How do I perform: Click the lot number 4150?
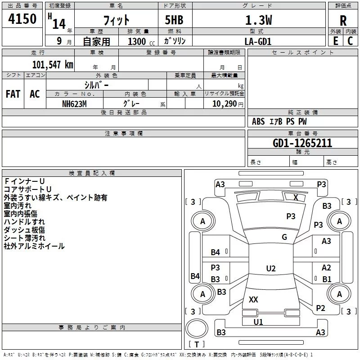click(x=22, y=19)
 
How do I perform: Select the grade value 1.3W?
click(x=258, y=20)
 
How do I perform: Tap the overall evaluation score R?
click(x=343, y=21)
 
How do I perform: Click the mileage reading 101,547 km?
click(x=53, y=65)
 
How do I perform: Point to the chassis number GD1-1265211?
click(x=302, y=143)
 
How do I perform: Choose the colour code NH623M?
click(x=74, y=104)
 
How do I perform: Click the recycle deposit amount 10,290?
click(x=224, y=104)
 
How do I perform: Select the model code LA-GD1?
click(x=258, y=41)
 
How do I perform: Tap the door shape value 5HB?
click(x=174, y=20)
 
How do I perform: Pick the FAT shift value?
click(x=13, y=94)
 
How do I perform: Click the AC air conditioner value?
click(x=35, y=94)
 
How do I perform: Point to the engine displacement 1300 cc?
click(x=141, y=41)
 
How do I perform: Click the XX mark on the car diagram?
click(x=253, y=299)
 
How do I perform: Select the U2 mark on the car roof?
click(x=271, y=268)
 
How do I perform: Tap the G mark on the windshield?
click(x=284, y=237)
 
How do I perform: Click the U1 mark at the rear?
click(x=258, y=322)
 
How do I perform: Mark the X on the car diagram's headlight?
click(x=296, y=198)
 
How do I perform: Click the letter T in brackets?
click(x=197, y=344)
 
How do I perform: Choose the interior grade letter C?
click(x=350, y=41)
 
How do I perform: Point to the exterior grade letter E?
click(x=335, y=41)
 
